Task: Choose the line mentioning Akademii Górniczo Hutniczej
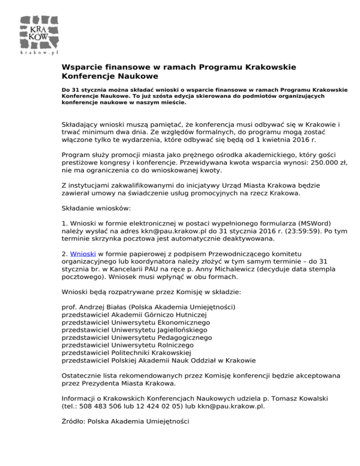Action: [x=140, y=315]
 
